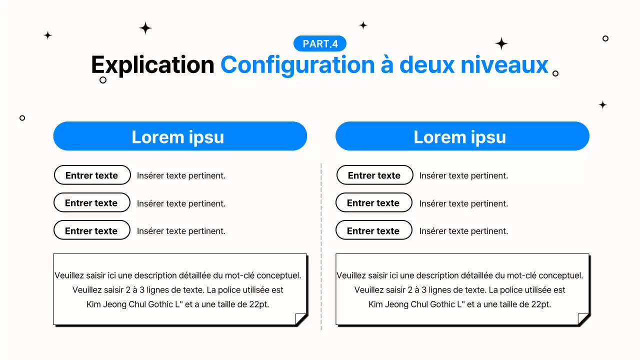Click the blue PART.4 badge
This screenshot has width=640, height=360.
pyautogui.click(x=320, y=44)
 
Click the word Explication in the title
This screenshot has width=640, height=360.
pyautogui.click(x=152, y=65)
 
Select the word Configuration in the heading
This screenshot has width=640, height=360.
pyautogui.click(x=297, y=65)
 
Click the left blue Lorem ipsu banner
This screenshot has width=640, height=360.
pyautogui.click(x=180, y=136)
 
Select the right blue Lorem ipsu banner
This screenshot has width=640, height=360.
pyautogui.click(x=462, y=136)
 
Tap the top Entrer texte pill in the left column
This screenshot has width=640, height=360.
pyautogui.click(x=92, y=175)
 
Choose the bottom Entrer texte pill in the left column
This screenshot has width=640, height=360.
pyautogui.click(x=91, y=230)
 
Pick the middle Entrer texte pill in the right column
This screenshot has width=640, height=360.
pyautogui.click(x=373, y=203)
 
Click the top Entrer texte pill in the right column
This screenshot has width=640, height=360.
pyautogui.click(x=374, y=175)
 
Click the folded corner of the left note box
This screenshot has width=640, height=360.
pyautogui.click(x=300, y=319)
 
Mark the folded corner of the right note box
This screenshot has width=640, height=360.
pyautogui.click(x=583, y=319)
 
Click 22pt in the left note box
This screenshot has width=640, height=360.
pyautogui.click(x=259, y=304)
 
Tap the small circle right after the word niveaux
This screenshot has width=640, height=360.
pyautogui.click(x=555, y=73)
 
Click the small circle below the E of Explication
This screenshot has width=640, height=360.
pyautogui.click(x=103, y=80)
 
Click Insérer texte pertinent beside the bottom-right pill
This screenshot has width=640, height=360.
pyautogui.click(x=463, y=231)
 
